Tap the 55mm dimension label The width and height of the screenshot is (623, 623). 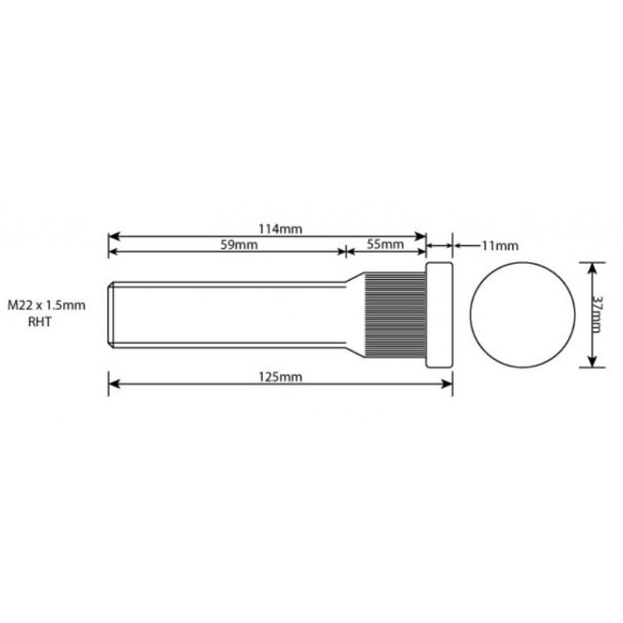click(x=385, y=245)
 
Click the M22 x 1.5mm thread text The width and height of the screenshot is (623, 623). click(x=46, y=306)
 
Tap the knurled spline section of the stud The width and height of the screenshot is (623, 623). click(x=395, y=315)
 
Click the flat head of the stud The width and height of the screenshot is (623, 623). click(x=439, y=315)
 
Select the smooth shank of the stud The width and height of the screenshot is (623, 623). click(x=235, y=315)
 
